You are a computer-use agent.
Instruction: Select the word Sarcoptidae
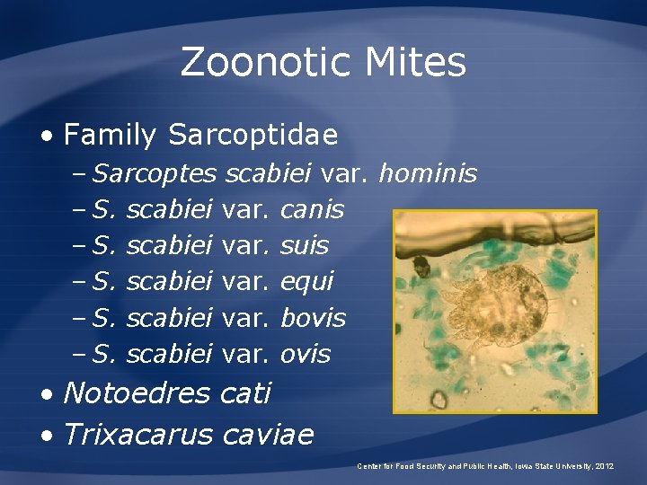pos(253,136)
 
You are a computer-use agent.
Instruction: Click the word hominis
pos(428,172)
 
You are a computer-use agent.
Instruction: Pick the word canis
pos(312,209)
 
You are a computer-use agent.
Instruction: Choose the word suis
pos(305,245)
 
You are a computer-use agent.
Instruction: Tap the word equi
pos(306,282)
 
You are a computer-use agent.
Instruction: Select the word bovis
pos(313,318)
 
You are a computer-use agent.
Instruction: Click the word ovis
pos(306,354)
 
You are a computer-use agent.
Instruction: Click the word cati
pos(245,392)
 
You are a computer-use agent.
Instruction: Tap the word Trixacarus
pos(138,435)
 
